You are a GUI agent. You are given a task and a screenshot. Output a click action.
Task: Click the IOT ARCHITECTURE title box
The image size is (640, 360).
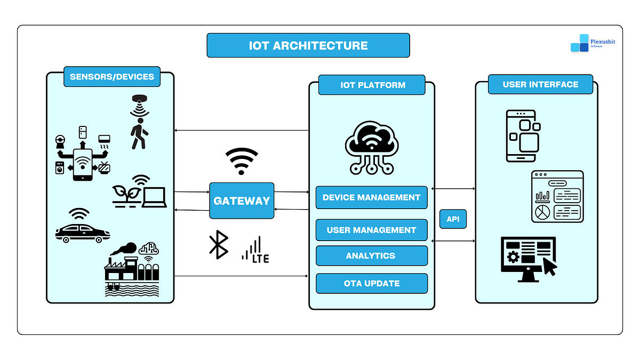pyautogui.click(x=308, y=45)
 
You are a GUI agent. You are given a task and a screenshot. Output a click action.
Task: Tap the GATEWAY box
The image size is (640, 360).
pyautogui.click(x=242, y=201)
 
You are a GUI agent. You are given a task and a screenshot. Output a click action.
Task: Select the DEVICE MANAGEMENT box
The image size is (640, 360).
pyautogui.click(x=371, y=197)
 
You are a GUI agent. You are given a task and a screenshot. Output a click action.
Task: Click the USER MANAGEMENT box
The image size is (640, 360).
pyautogui.click(x=371, y=230)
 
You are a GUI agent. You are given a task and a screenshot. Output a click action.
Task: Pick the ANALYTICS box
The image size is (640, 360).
pyautogui.click(x=371, y=255)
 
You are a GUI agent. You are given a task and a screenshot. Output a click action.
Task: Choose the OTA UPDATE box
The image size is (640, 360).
pyautogui.click(x=371, y=283)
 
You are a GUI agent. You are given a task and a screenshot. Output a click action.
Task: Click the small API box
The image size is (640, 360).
pyautogui.click(x=453, y=219)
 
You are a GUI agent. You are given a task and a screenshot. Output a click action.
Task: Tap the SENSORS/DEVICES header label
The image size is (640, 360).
pyautogui.click(x=111, y=76)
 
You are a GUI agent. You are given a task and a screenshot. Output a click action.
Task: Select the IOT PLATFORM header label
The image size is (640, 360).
pyautogui.click(x=372, y=85)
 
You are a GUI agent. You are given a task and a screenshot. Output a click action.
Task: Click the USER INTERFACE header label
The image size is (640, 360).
pyautogui.click(x=540, y=84)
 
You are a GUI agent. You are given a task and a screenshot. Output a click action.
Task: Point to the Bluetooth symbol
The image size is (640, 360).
pyautogui.click(x=218, y=245)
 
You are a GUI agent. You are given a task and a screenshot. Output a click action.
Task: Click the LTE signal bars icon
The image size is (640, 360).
pyautogui.click(x=254, y=250)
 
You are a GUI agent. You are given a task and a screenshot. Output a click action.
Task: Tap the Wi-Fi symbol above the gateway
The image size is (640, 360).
pyautogui.click(x=241, y=161)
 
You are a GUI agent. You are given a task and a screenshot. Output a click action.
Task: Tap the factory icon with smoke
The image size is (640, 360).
pyautogui.click(x=131, y=269)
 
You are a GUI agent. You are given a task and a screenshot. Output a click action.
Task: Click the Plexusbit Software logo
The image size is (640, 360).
pyautogui.click(x=592, y=43)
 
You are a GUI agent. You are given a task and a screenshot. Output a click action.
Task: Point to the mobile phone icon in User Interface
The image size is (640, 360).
pyautogui.click(x=522, y=136)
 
